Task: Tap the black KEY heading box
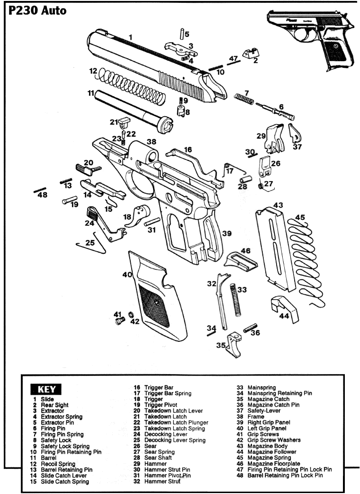45,390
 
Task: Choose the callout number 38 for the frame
151,142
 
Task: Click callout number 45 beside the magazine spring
300,217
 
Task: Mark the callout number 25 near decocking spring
90,242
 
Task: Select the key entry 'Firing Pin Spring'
62,434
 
